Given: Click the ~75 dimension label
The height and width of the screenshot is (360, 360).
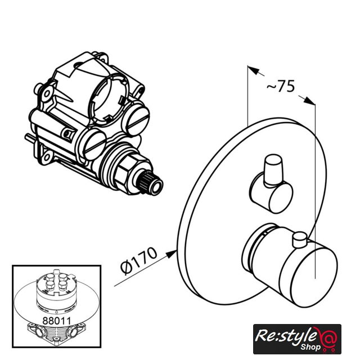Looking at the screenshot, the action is coord(280,86).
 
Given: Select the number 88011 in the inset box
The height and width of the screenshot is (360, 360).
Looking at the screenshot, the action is coord(57,321).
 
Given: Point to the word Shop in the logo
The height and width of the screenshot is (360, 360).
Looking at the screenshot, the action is coord(310,346).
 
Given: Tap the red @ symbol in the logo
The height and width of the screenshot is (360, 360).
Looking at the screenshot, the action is coord(327,339).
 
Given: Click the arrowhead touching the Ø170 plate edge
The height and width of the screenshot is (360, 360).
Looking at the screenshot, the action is coord(171,254).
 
